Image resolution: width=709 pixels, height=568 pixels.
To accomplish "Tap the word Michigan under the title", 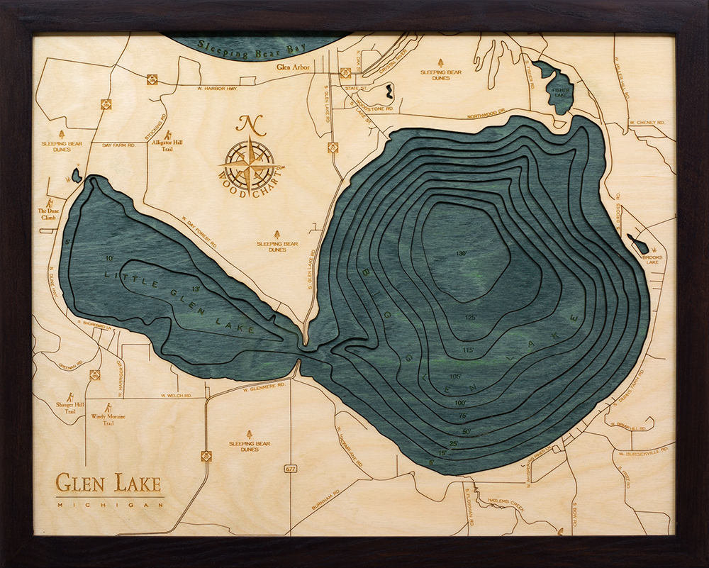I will coord(108,505).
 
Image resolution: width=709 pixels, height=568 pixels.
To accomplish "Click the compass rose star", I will coord(250,162).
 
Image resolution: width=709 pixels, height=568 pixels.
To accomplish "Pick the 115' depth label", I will coord(467,350).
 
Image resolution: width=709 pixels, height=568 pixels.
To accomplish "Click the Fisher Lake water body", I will coord(557,89).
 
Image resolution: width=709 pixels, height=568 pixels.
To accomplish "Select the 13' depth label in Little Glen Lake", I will coord(196,289).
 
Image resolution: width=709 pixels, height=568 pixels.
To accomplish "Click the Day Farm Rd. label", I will coord(118,145).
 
